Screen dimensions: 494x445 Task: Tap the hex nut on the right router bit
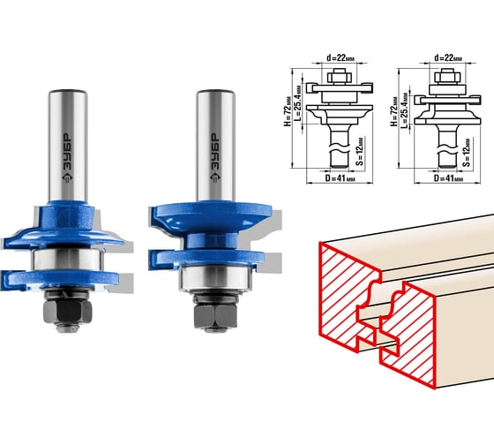pos(215,316)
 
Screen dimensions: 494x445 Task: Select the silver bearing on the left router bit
pos(67,260)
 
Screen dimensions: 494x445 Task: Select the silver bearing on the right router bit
pos(215,278)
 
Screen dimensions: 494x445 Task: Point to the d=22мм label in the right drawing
pos(448,57)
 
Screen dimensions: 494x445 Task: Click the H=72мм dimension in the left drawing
pos(288,111)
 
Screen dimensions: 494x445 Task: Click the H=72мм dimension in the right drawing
pos(394,111)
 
